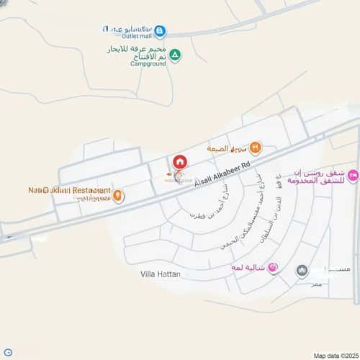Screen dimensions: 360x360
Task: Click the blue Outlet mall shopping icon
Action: coord(160,31)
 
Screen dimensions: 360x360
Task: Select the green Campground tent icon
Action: coord(175,55)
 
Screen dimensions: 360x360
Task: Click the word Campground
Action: coord(148,63)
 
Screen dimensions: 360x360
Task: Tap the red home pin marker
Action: coord(179,162)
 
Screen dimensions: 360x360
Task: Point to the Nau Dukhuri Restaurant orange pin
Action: coord(118,195)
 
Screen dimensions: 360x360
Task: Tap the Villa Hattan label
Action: coord(160,274)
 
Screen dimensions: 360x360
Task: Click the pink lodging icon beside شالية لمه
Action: coord(273,269)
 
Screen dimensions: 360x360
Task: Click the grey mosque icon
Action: coord(302,271)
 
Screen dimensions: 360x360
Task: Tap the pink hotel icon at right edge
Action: coord(353,175)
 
